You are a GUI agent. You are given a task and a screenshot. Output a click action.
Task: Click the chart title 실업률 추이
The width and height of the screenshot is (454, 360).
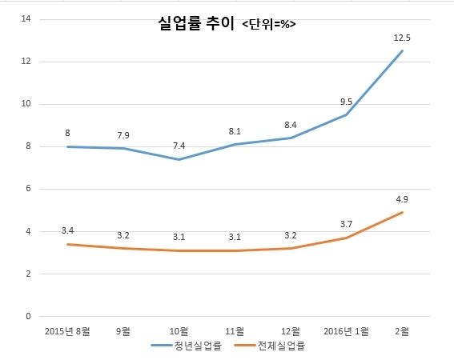point(196,23)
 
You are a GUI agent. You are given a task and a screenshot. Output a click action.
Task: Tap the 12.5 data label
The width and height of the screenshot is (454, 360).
point(402,38)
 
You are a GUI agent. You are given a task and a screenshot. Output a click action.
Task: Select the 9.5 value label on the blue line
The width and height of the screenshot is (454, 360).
point(346,102)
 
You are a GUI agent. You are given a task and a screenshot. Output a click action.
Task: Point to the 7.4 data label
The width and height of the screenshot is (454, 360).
point(179,146)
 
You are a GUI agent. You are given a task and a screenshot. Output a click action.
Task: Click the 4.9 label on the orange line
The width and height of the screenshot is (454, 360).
point(402,199)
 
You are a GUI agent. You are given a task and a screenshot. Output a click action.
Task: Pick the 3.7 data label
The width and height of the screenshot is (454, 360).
point(346,224)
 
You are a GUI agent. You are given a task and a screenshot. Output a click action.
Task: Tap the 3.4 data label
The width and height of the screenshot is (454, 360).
point(67,230)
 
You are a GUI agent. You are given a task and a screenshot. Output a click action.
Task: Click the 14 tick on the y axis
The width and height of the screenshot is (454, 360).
point(26,19)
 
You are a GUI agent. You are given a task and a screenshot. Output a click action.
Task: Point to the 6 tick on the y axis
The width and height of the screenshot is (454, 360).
point(28,188)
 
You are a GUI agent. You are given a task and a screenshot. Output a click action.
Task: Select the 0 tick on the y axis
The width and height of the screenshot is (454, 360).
point(28,316)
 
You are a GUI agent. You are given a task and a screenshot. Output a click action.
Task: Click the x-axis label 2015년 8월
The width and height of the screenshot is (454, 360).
point(67,331)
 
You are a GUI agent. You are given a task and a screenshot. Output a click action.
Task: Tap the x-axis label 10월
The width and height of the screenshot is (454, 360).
point(179,331)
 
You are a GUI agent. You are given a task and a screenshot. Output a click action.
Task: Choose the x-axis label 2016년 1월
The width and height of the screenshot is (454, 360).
point(346,331)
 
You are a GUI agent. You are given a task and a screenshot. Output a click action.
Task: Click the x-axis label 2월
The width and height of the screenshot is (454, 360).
point(402,331)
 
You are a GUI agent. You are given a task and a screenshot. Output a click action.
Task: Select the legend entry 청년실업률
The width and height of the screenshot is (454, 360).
point(187,346)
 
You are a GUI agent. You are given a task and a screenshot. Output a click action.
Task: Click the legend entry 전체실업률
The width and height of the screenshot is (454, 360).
point(270,346)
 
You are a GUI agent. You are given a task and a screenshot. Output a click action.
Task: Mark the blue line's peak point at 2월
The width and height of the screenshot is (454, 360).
point(402,51)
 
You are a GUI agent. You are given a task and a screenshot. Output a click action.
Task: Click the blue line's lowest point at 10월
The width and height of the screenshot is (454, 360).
point(179,159)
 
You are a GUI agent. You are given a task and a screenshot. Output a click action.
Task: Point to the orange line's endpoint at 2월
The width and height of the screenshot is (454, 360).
point(402,213)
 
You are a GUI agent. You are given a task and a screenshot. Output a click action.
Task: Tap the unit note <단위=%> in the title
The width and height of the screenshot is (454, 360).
point(269,24)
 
